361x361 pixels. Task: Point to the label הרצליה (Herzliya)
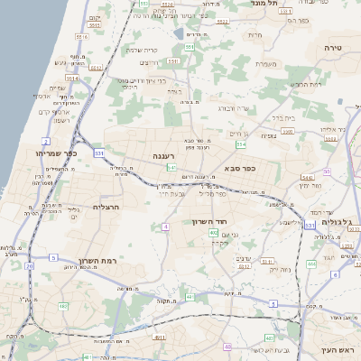tap(107, 207)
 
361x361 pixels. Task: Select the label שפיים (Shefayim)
tap(56, 88)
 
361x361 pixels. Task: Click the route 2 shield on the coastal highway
tap(45, 142)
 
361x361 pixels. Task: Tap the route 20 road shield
tap(30, 266)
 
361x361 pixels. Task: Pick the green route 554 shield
tap(240, 144)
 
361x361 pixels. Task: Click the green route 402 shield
tap(213, 233)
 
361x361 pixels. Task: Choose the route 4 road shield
tap(166, 227)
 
